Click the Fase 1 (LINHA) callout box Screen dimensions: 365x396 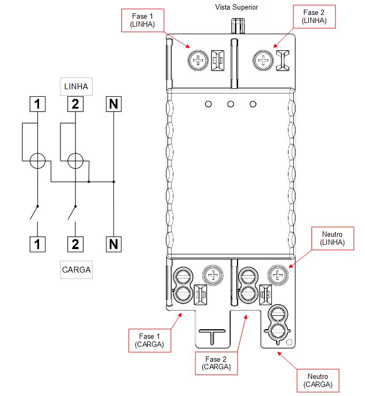point(143,20)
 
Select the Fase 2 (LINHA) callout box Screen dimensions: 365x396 point(314,17)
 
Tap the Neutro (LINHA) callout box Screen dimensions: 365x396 point(333,238)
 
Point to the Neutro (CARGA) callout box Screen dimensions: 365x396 point(318,381)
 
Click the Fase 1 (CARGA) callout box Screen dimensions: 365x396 point(150,340)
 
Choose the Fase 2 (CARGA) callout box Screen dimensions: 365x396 point(216,363)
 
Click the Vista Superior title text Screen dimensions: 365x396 point(237,7)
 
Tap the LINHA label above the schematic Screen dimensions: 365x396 point(76,87)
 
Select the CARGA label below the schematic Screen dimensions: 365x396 point(76,270)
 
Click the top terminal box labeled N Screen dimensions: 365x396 point(113,104)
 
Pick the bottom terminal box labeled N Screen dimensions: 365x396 point(113,244)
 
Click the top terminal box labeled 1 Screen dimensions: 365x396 point(37,104)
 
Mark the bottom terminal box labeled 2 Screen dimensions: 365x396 point(75,244)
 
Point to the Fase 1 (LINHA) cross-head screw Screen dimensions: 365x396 point(198,60)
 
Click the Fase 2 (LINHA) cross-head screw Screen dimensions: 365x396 point(263,60)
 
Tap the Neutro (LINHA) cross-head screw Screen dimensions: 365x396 point(278,275)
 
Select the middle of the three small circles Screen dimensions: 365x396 point(231,104)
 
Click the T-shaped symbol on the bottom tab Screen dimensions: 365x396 point(212,337)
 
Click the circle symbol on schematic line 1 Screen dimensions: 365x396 point(37,161)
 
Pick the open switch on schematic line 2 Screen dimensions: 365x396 point(72,213)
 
